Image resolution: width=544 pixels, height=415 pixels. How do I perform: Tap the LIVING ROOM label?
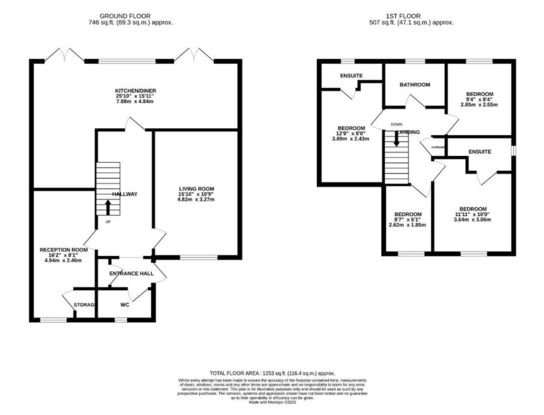[x=196, y=188]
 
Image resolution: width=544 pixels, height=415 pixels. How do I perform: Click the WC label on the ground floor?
[x=125, y=305]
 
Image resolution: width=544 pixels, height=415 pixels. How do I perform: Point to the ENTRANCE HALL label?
[x=131, y=274]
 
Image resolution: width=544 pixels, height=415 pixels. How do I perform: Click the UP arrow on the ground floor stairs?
[x=108, y=207]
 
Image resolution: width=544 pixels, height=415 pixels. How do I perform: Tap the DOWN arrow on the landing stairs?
[x=397, y=138]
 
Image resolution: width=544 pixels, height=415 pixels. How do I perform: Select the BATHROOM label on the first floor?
[x=414, y=85]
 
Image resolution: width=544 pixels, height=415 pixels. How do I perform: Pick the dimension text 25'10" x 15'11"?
[x=135, y=96]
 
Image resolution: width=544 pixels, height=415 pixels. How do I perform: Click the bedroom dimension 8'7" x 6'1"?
[x=408, y=219]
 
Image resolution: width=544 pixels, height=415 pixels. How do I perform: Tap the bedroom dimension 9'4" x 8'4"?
[x=479, y=99]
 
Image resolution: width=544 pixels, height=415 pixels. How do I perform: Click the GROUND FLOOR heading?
[x=125, y=16]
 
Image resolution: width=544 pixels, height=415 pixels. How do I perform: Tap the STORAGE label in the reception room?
[x=84, y=305]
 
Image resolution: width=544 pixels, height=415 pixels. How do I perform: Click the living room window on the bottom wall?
[x=199, y=258]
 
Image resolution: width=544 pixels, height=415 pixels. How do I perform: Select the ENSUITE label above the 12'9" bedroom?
[x=351, y=76]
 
